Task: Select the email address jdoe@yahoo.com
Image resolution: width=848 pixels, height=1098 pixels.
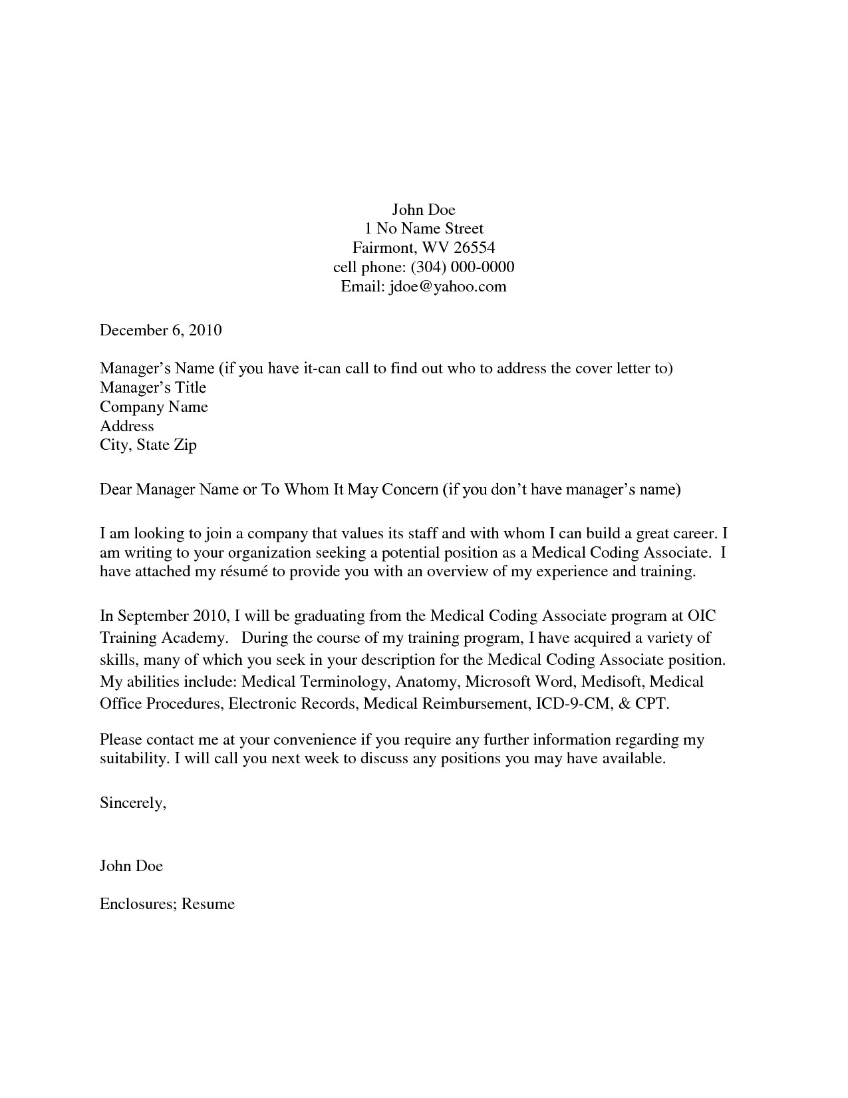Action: (447, 287)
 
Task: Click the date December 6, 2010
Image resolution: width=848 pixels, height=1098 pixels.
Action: (160, 330)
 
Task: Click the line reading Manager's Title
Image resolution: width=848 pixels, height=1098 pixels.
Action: (153, 388)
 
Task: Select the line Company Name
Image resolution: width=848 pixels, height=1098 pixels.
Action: (154, 407)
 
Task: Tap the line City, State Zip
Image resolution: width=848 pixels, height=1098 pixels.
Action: (148, 445)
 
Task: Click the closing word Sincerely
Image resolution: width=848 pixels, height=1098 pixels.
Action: (132, 803)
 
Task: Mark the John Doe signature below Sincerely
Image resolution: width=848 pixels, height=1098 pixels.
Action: (131, 866)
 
